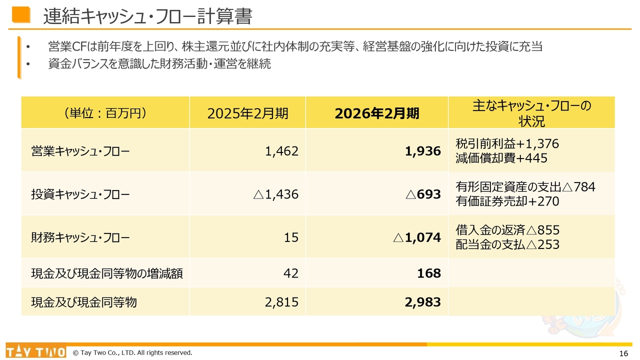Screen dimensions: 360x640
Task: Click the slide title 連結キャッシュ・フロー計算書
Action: coord(147,16)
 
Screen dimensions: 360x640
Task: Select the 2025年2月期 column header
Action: coord(247,113)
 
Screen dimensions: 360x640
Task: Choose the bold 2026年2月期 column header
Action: coord(377,113)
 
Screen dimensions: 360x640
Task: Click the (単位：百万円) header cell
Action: coord(105,113)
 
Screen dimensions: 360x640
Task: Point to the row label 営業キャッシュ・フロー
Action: coord(80,151)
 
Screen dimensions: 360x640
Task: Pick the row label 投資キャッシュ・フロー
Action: coord(80,194)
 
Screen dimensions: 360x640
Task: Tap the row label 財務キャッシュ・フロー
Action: coord(80,237)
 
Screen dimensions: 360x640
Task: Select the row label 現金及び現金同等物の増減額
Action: coord(107,273)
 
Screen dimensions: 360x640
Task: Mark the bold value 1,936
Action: coord(423,151)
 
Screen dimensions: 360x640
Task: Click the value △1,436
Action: coord(276,194)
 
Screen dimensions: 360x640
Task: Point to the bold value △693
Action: coord(423,194)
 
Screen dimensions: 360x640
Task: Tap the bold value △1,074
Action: coord(417,237)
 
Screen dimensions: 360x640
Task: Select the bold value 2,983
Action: coord(423,302)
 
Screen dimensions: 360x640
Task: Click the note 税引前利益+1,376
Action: coord(507,144)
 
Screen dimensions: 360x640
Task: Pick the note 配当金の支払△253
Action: coord(507,244)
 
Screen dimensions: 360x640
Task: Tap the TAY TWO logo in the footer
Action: coord(35,352)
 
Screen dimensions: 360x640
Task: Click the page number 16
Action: coord(623,353)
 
